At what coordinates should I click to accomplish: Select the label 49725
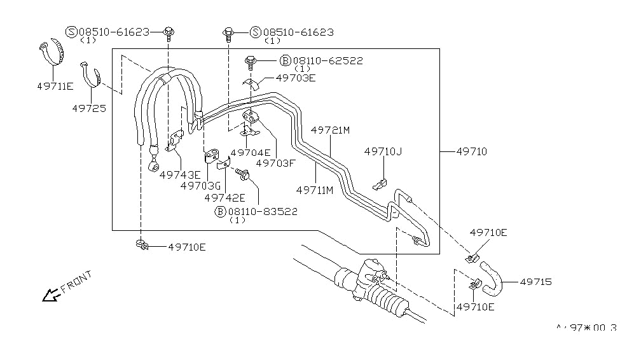[88, 108]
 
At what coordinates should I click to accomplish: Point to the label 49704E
[251, 153]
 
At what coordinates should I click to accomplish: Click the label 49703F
[277, 163]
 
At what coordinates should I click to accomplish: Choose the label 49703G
[200, 186]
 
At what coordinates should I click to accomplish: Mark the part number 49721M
[331, 130]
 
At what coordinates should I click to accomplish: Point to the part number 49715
[535, 281]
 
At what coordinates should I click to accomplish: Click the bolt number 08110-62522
[327, 60]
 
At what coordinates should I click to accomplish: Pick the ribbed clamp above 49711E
[52, 52]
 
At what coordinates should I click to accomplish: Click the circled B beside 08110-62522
[286, 60]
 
